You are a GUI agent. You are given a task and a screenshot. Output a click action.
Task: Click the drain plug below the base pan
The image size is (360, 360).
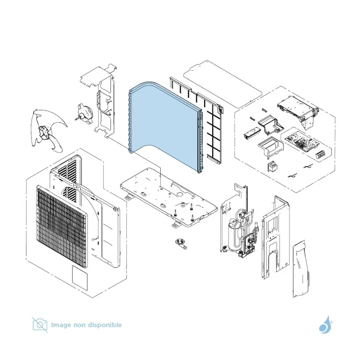pyautogui.click(x=181, y=244)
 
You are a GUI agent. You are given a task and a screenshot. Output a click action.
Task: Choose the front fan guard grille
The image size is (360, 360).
pyautogui.click(x=62, y=226)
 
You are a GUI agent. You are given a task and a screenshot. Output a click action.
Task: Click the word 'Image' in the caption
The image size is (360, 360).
pyautogui.click(x=61, y=325)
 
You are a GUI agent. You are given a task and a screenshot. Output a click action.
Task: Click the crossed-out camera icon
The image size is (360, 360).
pyautogui.click(x=40, y=325)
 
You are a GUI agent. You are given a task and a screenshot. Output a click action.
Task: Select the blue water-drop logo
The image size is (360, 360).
pyautogui.click(x=325, y=324)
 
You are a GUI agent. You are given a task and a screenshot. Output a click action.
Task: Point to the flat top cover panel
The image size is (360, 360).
pyautogui.click(x=223, y=84)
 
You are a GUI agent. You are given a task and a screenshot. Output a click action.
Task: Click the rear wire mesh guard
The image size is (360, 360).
pyautogui.click(x=196, y=120)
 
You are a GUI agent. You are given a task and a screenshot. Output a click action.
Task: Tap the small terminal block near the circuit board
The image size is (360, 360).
pyautogui.click(x=321, y=155)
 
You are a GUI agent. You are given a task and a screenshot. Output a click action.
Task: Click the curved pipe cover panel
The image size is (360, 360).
pyautogui.click(x=301, y=269)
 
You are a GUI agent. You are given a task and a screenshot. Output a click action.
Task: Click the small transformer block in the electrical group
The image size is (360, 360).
pyautogui.click(x=272, y=166)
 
